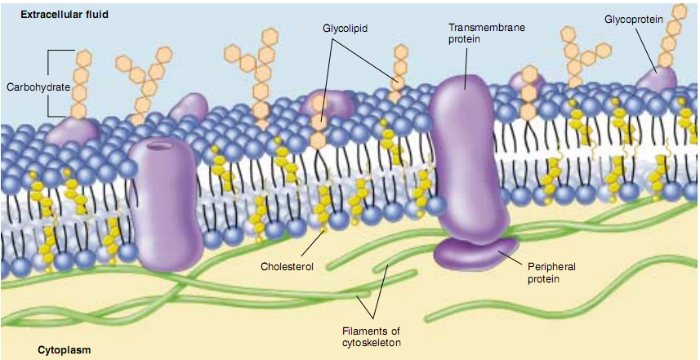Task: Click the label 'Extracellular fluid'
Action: tap(65, 15)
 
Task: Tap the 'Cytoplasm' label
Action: tap(65, 350)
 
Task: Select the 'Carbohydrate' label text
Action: tap(38, 86)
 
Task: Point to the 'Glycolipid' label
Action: tap(345, 29)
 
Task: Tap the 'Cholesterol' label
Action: tap(287, 266)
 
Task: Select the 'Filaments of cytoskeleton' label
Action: tap(372, 336)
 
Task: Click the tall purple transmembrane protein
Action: tap(463, 155)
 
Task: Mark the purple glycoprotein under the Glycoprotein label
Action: tap(658, 80)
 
